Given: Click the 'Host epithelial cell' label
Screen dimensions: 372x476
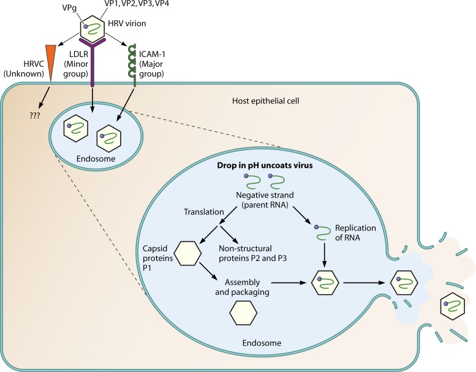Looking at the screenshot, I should coord(263,101).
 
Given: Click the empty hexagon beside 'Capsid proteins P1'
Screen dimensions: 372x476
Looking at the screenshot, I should coord(187,253).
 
